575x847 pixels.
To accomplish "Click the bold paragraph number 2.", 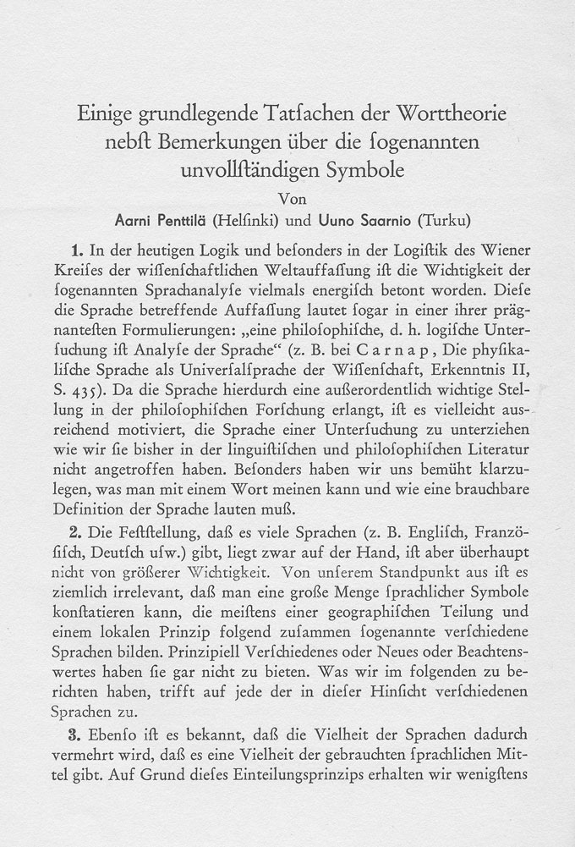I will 77,533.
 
